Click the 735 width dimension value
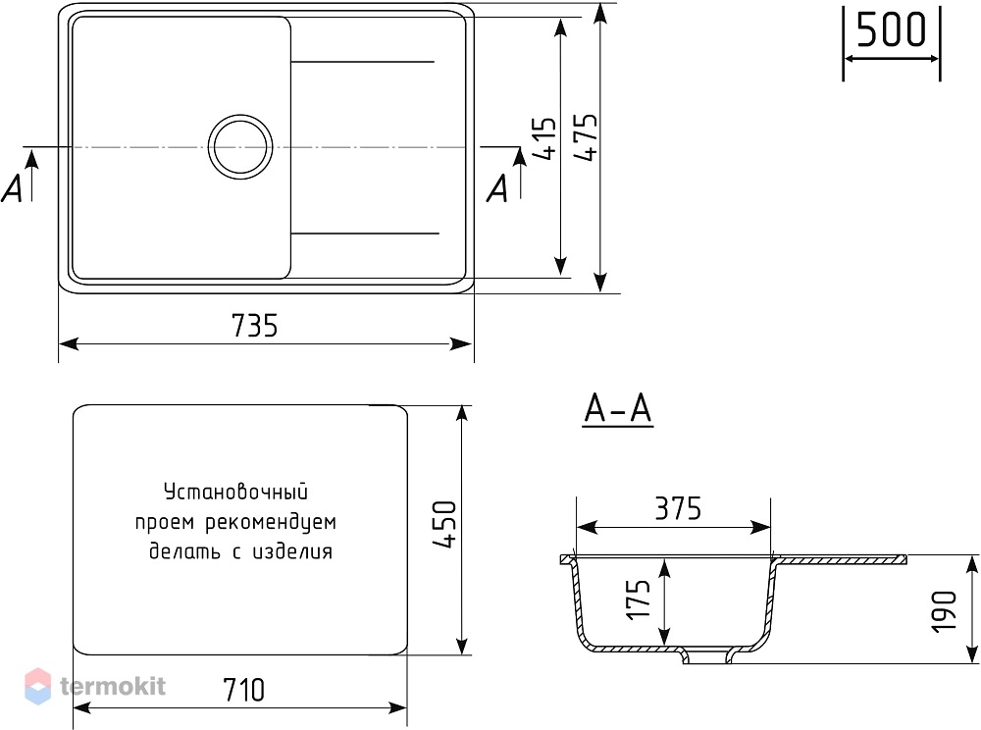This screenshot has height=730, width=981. (254, 326)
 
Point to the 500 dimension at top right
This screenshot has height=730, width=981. (891, 30)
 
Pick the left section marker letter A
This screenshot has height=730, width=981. (12, 187)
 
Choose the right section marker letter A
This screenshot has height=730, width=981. (497, 187)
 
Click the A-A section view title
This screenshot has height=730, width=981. (617, 409)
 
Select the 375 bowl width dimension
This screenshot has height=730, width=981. (678, 508)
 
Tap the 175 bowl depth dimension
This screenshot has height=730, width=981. (639, 600)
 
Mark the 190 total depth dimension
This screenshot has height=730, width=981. (944, 611)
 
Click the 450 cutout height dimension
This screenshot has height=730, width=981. (444, 524)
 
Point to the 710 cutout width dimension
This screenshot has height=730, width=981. (243, 690)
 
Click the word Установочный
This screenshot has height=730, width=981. (235, 492)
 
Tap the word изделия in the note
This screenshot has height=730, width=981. (292, 551)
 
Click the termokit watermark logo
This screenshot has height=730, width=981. (95, 686)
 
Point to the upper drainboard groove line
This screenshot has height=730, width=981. (362, 62)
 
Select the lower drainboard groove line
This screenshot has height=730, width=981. (365, 234)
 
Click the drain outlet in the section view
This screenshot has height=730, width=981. (707, 656)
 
